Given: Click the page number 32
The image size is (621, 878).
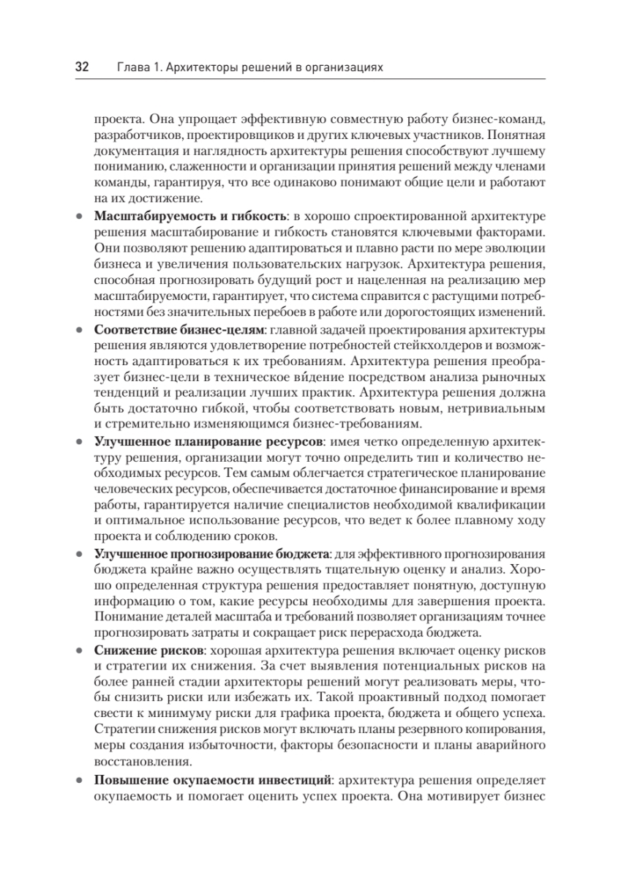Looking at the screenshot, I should (x=81, y=67).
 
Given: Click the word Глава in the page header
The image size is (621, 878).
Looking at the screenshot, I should (x=132, y=67).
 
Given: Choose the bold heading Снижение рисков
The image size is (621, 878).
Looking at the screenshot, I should (x=148, y=650).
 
